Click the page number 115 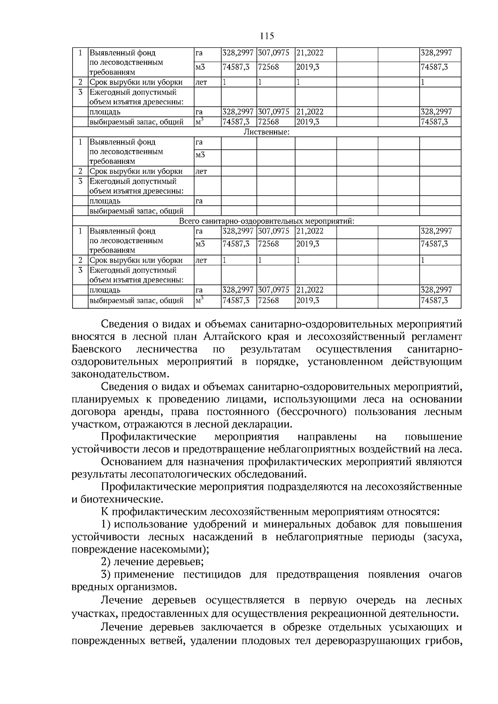pos(267,36)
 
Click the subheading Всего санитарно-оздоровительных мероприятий pos(266,221)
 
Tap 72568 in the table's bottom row pos(269,300)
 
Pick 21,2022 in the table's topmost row pos(310,53)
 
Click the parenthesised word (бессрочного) pos(314,412)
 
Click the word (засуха pos(441,537)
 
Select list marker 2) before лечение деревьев pos(106,562)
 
